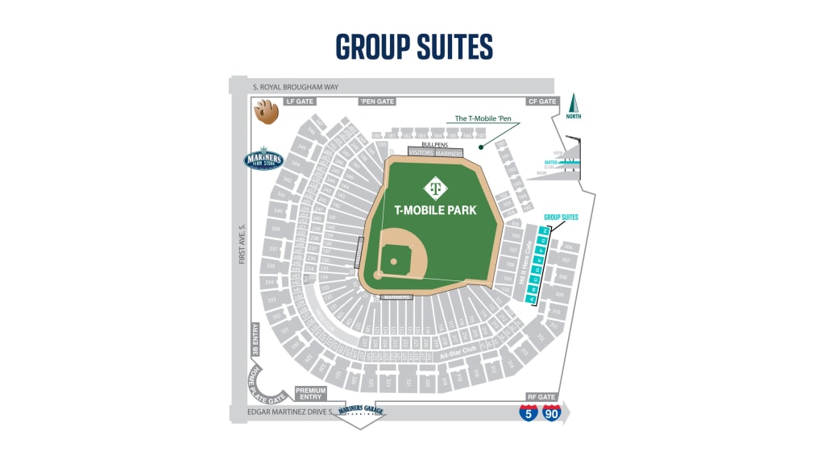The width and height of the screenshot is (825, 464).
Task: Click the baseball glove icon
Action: pos(266,110)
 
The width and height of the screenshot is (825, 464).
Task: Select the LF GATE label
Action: pos(300,101)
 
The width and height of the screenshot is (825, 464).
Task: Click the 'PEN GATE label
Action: pos(376,101)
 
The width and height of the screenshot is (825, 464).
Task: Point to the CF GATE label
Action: pos(541,101)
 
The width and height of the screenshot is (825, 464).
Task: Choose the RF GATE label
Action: pos(541,397)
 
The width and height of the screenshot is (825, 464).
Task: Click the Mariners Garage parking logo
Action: pos(362,411)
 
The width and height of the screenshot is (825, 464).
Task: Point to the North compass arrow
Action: pos(574,106)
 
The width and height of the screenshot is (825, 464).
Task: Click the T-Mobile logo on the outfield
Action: pos(435,187)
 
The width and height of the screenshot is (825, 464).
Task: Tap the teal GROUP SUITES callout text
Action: pos(561,217)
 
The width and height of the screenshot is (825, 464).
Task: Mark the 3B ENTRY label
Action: pos(256,339)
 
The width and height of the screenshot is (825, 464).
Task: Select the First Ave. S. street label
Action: pos(240,243)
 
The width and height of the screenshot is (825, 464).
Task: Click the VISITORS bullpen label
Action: pos(421,151)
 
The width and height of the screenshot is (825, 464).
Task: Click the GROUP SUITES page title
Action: pos(413,47)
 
